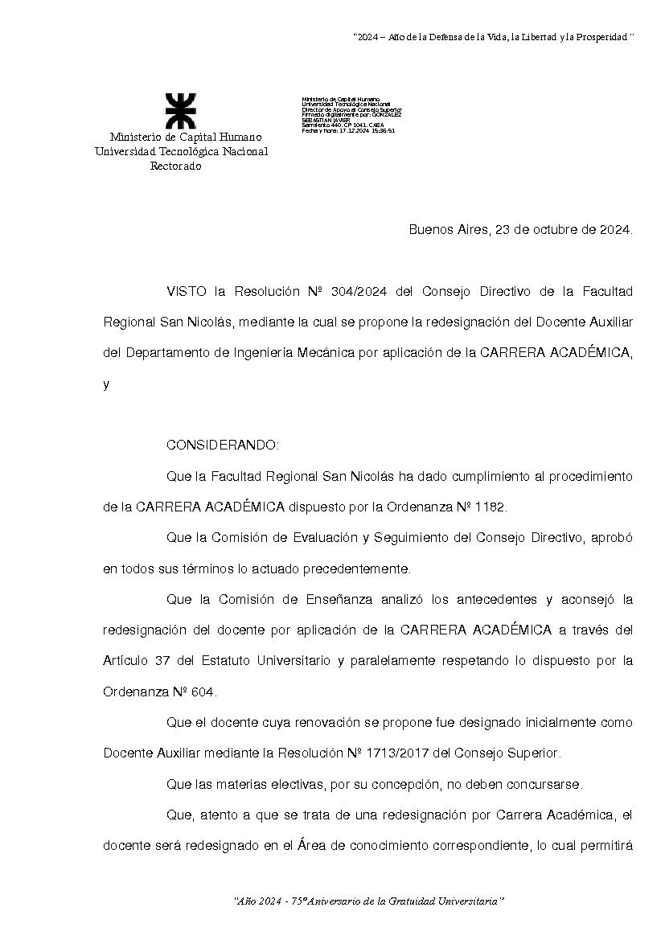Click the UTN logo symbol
click(x=180, y=111)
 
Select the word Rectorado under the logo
click(x=176, y=166)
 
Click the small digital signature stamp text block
click(x=351, y=114)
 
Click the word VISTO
click(x=187, y=290)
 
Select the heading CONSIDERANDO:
click(x=223, y=445)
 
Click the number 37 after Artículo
click(x=160, y=661)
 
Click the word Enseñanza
click(x=317, y=599)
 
